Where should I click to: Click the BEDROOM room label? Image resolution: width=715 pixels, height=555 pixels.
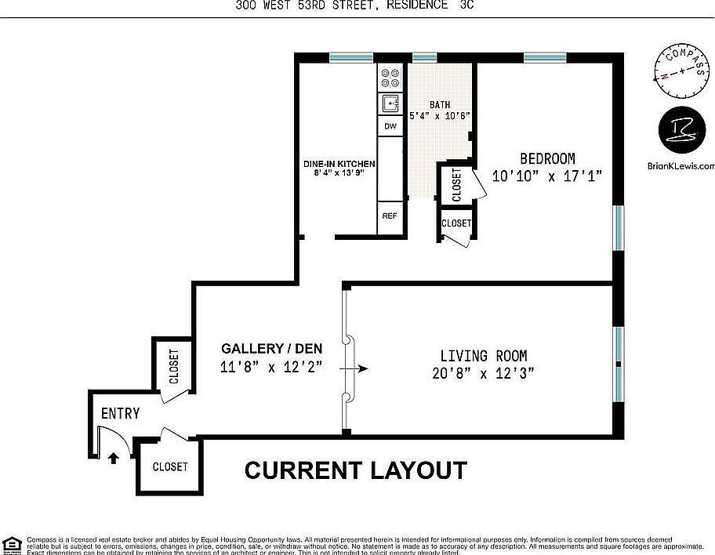[546, 158]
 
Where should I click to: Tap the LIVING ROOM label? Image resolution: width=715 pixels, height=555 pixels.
[483, 355]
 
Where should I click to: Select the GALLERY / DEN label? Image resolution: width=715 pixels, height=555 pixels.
[271, 348]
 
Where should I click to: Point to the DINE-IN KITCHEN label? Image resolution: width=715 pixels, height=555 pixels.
[339, 164]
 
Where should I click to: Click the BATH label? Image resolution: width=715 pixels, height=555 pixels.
[439, 105]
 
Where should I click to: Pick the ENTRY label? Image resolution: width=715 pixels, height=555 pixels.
[120, 413]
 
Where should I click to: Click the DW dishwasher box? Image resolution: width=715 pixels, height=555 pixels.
[390, 126]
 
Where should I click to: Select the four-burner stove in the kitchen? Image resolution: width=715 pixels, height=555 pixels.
[390, 78]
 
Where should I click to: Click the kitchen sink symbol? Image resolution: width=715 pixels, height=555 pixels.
[390, 103]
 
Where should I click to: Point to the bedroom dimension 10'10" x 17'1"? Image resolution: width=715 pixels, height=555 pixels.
[546, 176]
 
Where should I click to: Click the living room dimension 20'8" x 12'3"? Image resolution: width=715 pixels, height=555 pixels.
[483, 374]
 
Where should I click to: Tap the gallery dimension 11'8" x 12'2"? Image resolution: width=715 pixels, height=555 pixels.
[271, 366]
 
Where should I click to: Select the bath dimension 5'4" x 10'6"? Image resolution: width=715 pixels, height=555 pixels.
[439, 116]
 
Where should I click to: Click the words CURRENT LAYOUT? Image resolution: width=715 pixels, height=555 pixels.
[356, 470]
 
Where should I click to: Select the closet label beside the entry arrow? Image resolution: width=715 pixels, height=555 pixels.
[170, 466]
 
